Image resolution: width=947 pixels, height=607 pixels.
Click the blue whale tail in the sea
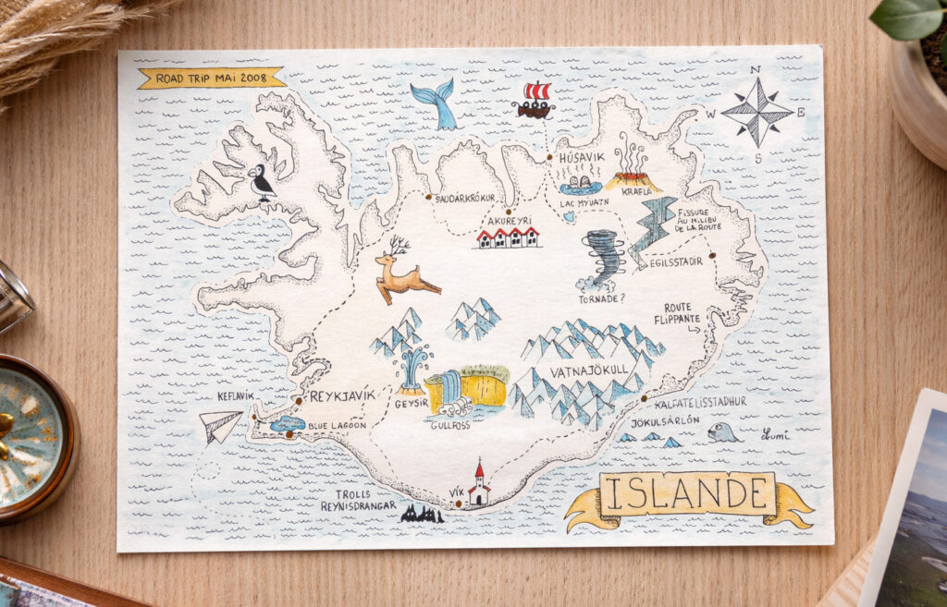434,104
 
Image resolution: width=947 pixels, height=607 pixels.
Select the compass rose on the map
756,112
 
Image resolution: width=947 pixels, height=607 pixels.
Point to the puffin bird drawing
261,183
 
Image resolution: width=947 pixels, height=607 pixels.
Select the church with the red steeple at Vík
478,486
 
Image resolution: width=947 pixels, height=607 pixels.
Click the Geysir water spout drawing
412,369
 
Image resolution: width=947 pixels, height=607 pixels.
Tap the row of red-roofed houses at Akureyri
508,237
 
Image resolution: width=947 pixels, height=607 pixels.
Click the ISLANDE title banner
687,494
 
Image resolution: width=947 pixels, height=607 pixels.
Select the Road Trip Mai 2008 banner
211,78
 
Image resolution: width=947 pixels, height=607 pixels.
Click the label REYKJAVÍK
343,395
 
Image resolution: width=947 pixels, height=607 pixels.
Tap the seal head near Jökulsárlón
721,431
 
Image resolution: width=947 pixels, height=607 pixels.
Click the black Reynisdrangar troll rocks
422,514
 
